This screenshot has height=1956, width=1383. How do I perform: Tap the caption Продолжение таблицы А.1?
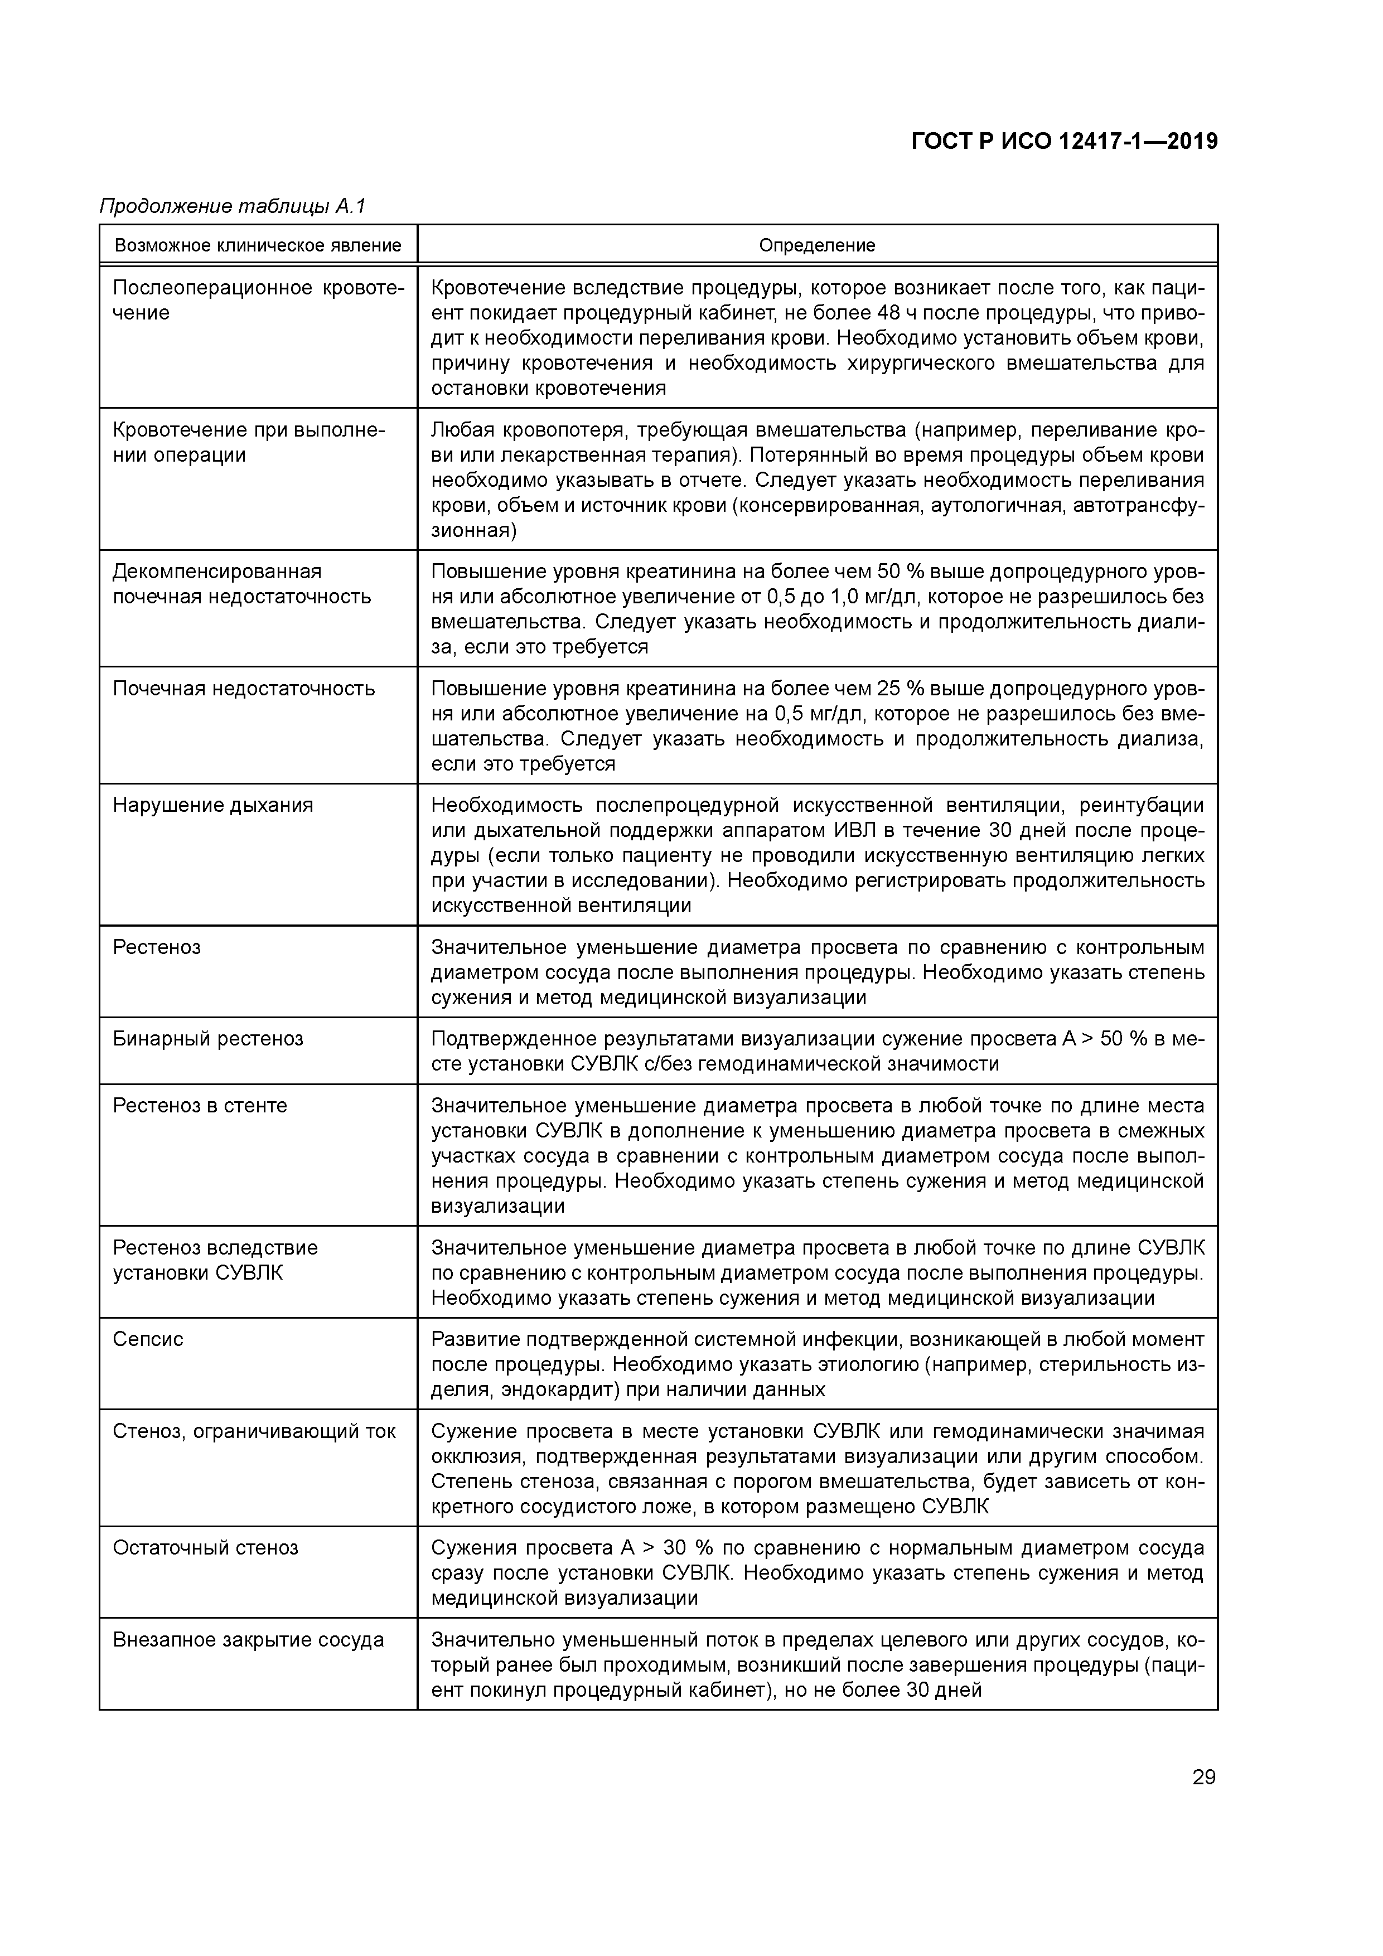tap(233, 206)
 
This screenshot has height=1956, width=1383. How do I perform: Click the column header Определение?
tap(816, 245)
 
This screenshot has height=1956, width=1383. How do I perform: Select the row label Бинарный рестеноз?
tap(208, 1038)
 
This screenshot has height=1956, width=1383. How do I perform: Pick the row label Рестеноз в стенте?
tap(200, 1105)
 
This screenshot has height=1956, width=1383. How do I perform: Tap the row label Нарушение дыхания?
tap(213, 805)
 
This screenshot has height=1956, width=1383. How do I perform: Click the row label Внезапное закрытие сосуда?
tap(248, 1640)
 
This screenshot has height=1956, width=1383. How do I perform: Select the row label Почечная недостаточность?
tap(244, 689)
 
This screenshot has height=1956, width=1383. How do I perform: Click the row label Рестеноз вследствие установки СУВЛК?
tap(215, 1260)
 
